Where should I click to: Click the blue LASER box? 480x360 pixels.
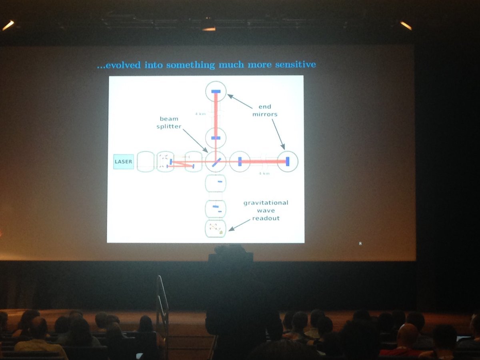coord(123,162)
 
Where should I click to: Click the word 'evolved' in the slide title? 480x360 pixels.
coord(118,65)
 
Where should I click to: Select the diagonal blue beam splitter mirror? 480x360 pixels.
coord(216,162)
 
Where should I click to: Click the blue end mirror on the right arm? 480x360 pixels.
coord(288,161)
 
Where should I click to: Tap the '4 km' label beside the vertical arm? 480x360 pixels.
coord(200,114)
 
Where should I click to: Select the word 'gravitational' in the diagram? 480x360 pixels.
coord(266,203)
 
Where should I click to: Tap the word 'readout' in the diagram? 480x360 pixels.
coord(266,218)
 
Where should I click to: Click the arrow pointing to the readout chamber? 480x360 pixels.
coord(238,225)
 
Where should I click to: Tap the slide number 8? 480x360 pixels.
coord(360,243)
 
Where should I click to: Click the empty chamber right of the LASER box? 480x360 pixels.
coord(145,162)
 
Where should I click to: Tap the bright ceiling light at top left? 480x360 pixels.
coord(8,26)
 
